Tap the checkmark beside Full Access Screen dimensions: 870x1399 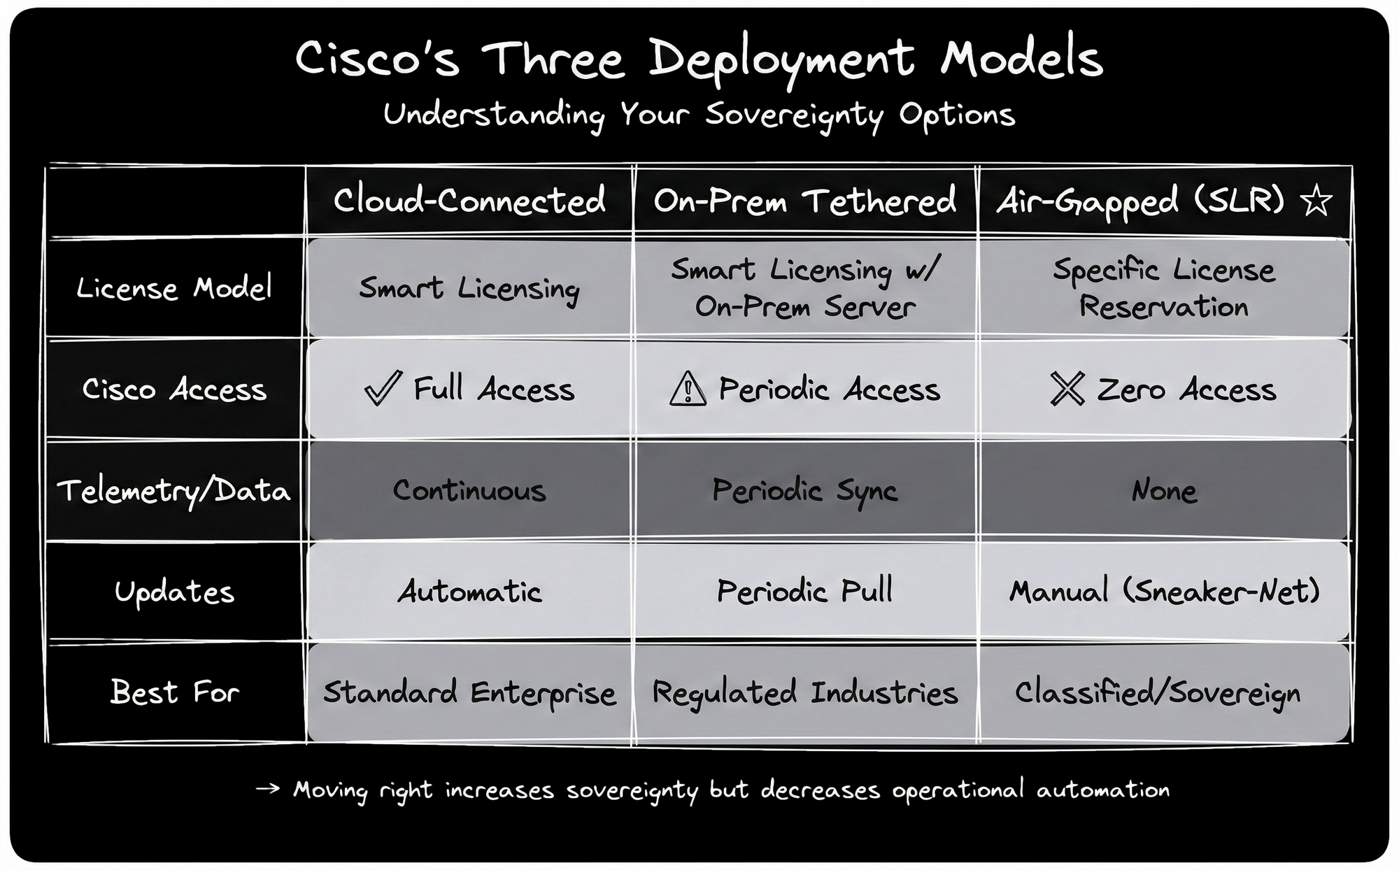[x=383, y=388]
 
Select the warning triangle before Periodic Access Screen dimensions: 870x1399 [x=688, y=389]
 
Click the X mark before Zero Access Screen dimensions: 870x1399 [x=1067, y=389]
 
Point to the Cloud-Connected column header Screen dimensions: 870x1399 [x=469, y=201]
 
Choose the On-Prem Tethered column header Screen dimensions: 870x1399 [x=804, y=201]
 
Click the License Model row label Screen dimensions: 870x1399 [x=173, y=288]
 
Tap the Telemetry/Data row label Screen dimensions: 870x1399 [x=173, y=490]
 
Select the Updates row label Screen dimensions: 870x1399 [x=174, y=592]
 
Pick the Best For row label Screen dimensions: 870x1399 [x=174, y=692]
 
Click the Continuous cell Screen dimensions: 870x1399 [x=469, y=490]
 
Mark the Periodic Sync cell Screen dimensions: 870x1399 [x=804, y=490]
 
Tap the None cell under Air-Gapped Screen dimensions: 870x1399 [x=1164, y=490]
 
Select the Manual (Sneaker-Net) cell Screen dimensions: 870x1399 [x=1164, y=592]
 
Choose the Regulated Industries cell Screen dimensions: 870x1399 [x=804, y=693]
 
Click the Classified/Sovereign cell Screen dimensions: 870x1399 [x=1158, y=693]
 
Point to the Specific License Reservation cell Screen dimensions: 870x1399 [x=1164, y=288]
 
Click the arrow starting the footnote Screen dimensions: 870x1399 [x=267, y=790]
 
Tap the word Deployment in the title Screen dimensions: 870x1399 [x=781, y=59]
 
